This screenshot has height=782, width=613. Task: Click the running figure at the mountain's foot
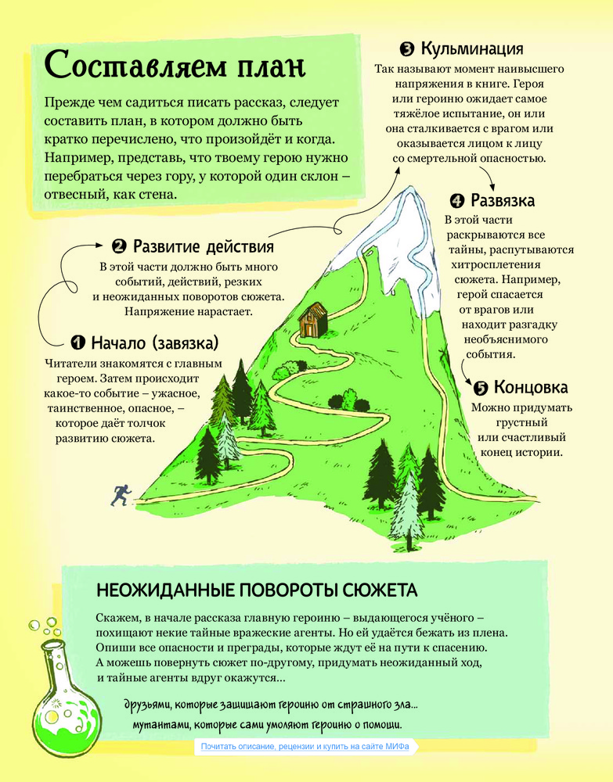pos(121,495)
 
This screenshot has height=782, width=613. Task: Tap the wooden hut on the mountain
pos(313,319)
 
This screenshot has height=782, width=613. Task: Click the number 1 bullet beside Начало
pos(78,343)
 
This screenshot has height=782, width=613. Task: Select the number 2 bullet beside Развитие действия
pos(119,246)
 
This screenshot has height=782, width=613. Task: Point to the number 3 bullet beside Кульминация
pos(407,48)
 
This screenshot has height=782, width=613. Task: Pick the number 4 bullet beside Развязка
pos(456,201)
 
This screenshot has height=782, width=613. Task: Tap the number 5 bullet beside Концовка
pos(480,388)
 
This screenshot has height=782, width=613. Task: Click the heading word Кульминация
pos(472,48)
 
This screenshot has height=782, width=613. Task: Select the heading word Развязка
pos(503,200)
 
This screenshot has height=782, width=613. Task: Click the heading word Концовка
pos(531,387)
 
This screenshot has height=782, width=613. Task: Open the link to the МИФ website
pos(305,747)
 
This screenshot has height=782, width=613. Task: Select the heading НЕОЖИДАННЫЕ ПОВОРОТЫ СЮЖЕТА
pos(257,590)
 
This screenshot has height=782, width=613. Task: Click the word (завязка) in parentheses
pos(186,343)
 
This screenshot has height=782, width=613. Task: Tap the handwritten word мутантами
pos(160,725)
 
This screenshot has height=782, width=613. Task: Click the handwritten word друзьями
pos(146,705)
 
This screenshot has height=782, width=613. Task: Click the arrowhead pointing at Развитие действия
pos(99,246)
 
